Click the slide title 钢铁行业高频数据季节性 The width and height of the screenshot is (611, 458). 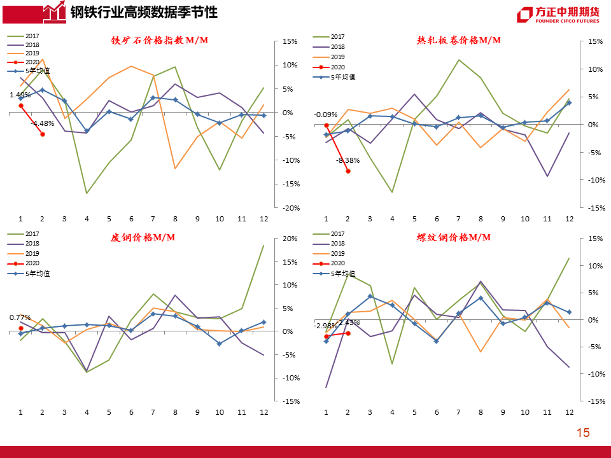[x=143, y=12]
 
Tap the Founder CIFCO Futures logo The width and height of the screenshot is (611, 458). [x=558, y=15]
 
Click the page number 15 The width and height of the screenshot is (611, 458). [x=583, y=433]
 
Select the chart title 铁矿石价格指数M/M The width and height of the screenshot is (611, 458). [x=160, y=40]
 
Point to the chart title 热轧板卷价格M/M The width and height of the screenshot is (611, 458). [x=459, y=40]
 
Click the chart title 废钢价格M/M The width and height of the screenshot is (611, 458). [x=143, y=237]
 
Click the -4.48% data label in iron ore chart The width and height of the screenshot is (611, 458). [x=43, y=123]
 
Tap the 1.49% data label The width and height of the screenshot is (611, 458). [x=20, y=95]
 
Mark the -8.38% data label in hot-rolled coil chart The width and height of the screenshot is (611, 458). [x=348, y=161]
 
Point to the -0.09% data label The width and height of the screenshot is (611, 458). [x=325, y=114]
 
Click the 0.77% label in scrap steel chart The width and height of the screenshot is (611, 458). [x=20, y=317]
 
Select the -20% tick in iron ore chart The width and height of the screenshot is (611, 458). [x=290, y=208]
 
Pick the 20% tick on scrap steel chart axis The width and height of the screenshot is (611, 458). [x=290, y=239]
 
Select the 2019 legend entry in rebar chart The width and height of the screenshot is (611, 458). [x=337, y=253]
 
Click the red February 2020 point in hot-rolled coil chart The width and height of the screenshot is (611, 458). [x=348, y=171]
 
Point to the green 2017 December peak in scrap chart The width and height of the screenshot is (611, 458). [x=263, y=246]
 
